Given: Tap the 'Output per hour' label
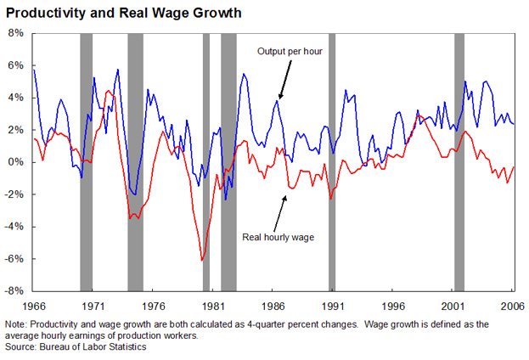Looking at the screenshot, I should [x=291, y=52].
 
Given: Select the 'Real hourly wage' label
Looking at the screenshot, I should [x=278, y=237].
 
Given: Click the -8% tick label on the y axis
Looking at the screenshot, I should [x=16, y=290].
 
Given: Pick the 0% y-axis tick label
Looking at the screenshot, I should [x=18, y=162].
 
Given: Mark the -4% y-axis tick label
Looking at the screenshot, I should [x=16, y=227].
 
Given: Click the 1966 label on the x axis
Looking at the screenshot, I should [x=34, y=304].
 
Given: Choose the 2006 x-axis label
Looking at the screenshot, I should [x=509, y=304].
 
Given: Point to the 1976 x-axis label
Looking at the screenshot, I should [x=154, y=304].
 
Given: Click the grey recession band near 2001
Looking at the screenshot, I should [x=459, y=161].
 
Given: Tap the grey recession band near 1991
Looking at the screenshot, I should [x=332, y=161].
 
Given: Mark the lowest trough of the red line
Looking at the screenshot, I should [x=202, y=260].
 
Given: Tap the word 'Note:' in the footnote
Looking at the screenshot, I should [x=16, y=324].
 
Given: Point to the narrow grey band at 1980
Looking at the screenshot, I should [x=206, y=161].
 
